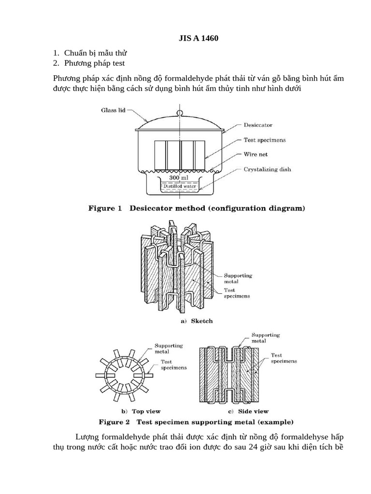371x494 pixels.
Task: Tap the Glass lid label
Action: [114, 110]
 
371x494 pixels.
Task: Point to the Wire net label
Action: [256, 155]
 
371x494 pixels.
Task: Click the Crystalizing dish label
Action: [267, 169]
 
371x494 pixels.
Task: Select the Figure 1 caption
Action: [196, 209]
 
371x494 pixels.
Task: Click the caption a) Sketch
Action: [197, 321]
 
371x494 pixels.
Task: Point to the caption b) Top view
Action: [141, 412]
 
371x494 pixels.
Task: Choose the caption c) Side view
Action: [248, 412]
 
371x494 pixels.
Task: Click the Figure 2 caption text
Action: [196, 422]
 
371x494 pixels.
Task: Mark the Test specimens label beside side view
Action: [284, 358]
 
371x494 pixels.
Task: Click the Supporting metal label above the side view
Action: [265, 338]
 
